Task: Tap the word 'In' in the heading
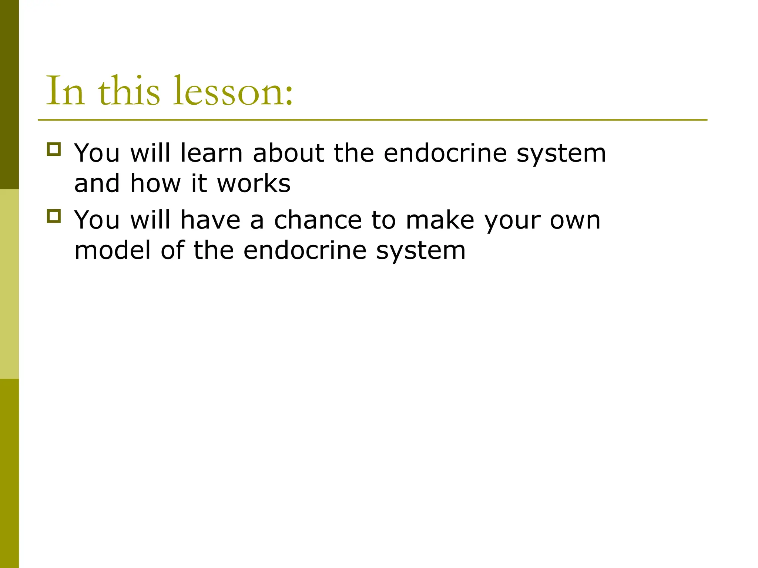pyautogui.click(x=66, y=91)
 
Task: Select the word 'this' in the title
pyautogui.click(x=129, y=91)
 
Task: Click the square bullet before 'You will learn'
pyautogui.click(x=54, y=149)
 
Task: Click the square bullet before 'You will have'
pyautogui.click(x=54, y=216)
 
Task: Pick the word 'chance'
pyautogui.click(x=318, y=220)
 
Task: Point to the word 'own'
pyautogui.click(x=575, y=221)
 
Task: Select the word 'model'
pyautogui.click(x=113, y=250)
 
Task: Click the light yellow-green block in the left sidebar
pyautogui.click(x=9, y=284)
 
